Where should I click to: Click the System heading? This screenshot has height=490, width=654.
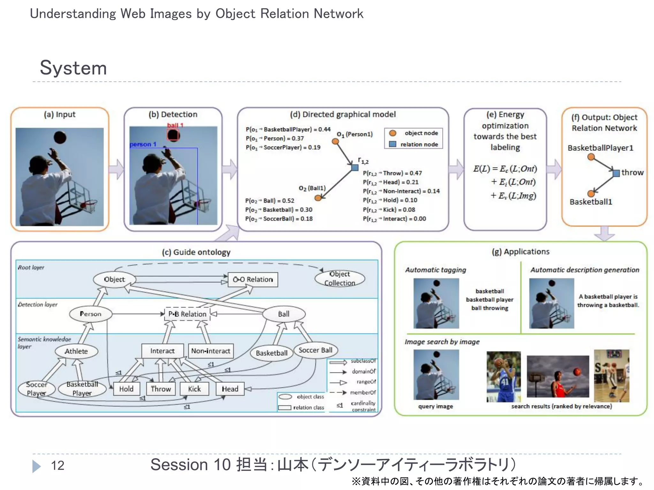(73, 68)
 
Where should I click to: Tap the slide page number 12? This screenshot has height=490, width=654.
(57, 465)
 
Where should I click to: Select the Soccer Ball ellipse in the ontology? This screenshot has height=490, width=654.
(315, 350)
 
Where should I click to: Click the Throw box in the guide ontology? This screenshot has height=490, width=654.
(161, 389)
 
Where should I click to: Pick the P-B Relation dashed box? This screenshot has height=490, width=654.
(187, 314)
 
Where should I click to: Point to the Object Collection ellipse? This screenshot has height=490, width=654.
(339, 278)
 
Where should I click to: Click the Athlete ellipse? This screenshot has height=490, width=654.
(76, 351)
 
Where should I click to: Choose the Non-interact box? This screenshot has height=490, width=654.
(210, 351)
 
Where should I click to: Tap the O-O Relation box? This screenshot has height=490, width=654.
(253, 279)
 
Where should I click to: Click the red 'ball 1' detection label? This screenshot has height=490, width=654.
(175, 125)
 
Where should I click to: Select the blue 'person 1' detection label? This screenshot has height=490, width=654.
(143, 145)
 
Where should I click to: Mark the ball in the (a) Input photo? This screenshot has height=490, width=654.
(60, 137)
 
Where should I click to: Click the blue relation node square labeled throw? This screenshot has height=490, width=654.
(616, 173)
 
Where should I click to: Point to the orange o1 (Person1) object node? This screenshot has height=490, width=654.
(335, 141)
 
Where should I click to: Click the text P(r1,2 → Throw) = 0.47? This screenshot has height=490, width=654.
(392, 173)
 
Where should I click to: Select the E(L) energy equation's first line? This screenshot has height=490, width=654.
(505, 168)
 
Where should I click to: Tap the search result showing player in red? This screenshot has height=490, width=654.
(558, 376)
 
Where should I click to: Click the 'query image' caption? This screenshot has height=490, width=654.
(436, 406)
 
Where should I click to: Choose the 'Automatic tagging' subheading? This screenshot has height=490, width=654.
(436, 270)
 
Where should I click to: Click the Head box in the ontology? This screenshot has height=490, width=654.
(230, 389)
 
